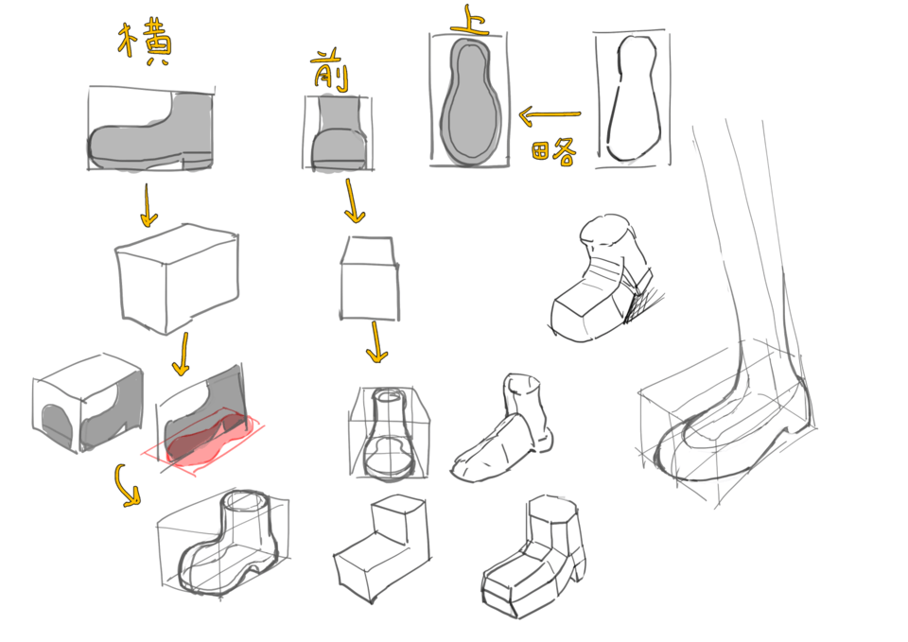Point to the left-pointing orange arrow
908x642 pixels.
click(x=549, y=116)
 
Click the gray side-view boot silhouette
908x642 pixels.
click(x=151, y=132)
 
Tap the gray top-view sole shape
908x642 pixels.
click(x=469, y=100)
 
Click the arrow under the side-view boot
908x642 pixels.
click(x=148, y=206)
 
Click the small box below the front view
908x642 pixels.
click(x=369, y=280)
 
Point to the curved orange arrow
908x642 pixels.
click(x=128, y=484)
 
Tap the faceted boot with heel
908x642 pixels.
click(x=534, y=558)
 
